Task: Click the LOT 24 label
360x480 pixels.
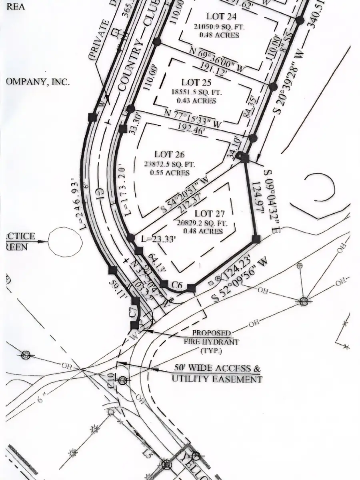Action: [x=221, y=17]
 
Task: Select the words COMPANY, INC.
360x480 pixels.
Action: [x=38, y=82]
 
